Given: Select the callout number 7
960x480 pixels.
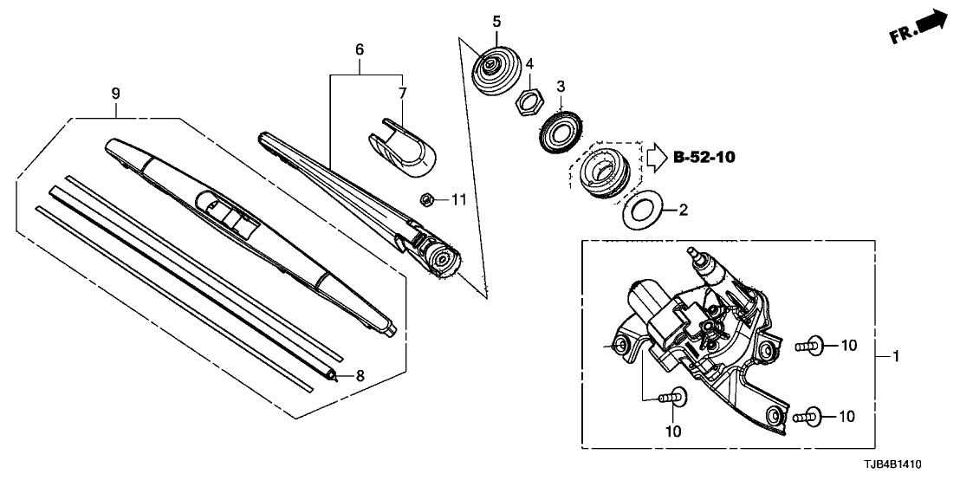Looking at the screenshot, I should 401,92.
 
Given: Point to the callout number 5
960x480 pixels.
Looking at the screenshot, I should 496,20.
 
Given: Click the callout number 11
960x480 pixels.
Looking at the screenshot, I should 458,200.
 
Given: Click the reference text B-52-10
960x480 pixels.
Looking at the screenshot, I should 703,157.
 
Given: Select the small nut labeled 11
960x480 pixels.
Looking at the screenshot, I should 426,199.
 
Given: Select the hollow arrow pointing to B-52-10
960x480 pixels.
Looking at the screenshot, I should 654,157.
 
